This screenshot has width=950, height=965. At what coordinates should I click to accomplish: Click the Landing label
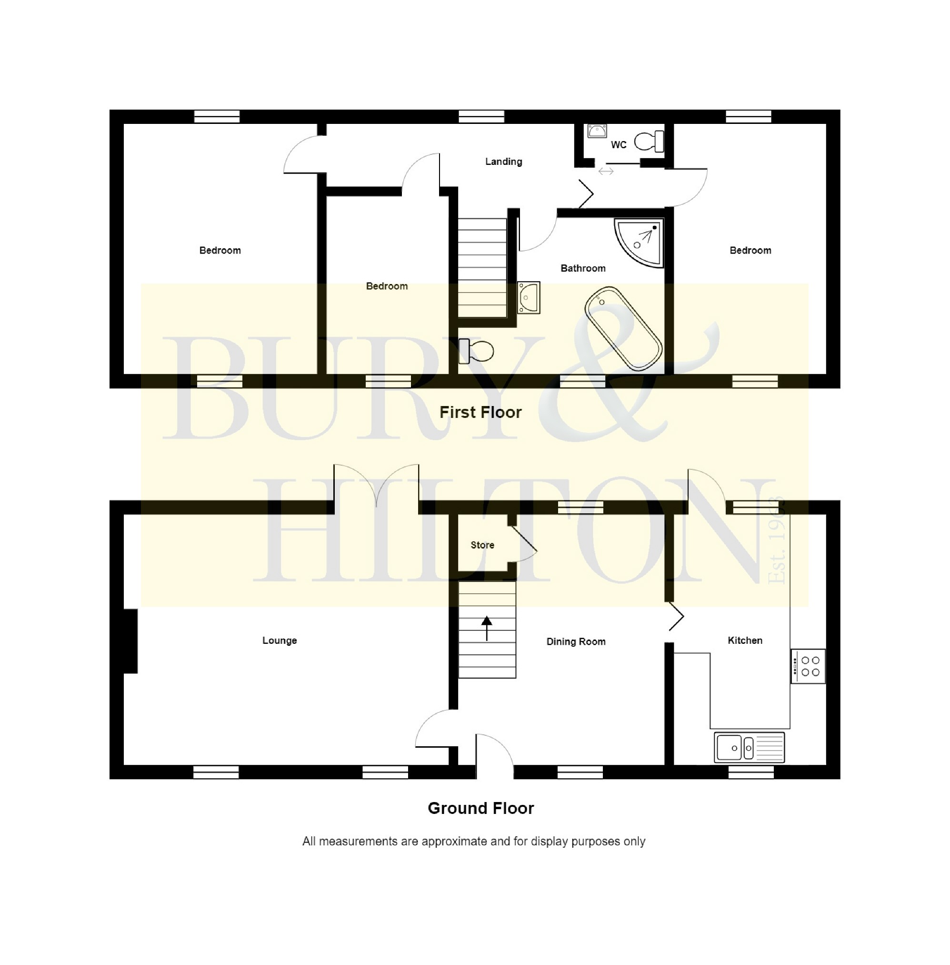[503, 161]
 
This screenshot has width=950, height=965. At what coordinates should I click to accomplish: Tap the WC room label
[618, 145]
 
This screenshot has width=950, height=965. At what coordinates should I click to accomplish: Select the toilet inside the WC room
[649, 141]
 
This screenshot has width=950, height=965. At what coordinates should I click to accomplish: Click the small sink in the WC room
[597, 131]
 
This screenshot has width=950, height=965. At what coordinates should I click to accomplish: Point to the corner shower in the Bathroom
[640, 242]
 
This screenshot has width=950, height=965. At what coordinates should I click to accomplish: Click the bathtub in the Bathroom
[623, 328]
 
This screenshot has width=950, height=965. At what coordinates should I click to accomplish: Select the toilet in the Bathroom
[477, 351]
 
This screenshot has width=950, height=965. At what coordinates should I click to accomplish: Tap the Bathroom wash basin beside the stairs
[529, 297]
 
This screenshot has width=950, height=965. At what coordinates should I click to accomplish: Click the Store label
[482, 545]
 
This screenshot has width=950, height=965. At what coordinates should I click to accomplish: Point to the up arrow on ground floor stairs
[487, 628]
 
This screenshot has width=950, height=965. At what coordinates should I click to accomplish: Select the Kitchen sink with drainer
[749, 747]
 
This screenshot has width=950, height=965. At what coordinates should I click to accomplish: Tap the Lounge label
[280, 640]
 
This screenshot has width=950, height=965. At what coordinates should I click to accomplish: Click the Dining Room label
[576, 641]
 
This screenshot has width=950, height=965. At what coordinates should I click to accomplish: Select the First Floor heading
[480, 412]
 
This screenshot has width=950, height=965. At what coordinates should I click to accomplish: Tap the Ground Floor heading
[480, 808]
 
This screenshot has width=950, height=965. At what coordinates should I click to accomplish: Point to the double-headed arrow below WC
[606, 171]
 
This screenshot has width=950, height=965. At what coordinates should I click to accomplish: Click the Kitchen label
[744, 640]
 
